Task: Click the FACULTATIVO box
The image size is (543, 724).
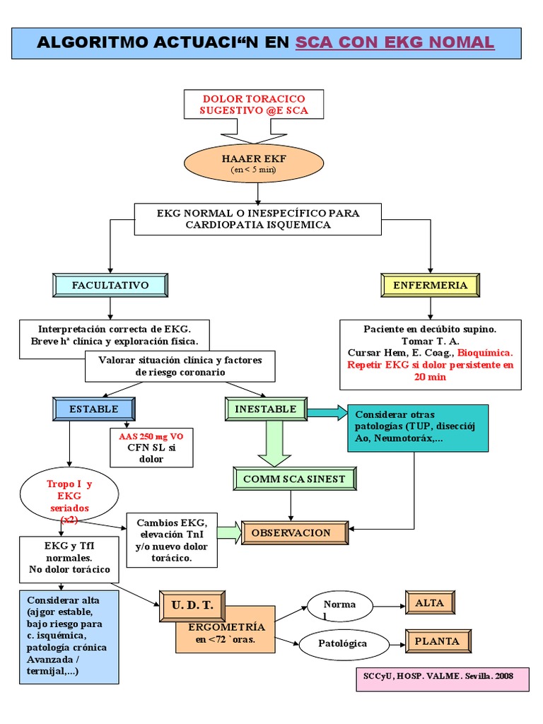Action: coord(110,285)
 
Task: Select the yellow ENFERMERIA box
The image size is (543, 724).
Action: coord(430,285)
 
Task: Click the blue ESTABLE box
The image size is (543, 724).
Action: coord(94,409)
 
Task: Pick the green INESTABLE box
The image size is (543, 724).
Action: coord(266,409)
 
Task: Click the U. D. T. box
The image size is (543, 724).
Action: coord(192,605)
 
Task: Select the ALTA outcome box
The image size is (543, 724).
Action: coord(429,602)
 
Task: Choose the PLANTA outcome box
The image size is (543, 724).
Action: coord(437,641)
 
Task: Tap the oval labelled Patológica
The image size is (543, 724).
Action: coord(344,643)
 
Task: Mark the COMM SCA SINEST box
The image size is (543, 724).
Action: coord(294,479)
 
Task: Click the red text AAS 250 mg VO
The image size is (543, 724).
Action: coord(151,436)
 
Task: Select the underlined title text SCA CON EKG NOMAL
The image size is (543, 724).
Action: coord(395,42)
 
